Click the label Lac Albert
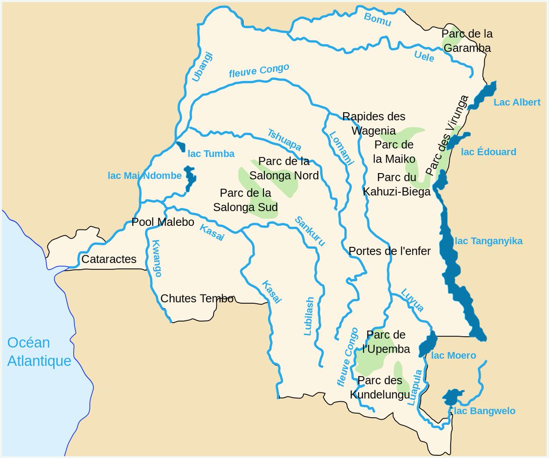(x=517, y=102)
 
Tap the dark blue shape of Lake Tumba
(x=180, y=147)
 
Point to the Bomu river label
(x=377, y=19)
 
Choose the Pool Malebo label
(x=162, y=222)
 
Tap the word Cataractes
(x=109, y=259)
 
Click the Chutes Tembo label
(x=197, y=299)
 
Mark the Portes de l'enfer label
(x=389, y=251)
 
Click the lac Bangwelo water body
(x=452, y=397)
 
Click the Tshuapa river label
(x=284, y=140)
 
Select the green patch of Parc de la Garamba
(x=447, y=39)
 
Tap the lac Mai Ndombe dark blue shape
(x=189, y=178)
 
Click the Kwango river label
(x=156, y=258)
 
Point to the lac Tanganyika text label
(x=489, y=241)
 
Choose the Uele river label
(x=424, y=56)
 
